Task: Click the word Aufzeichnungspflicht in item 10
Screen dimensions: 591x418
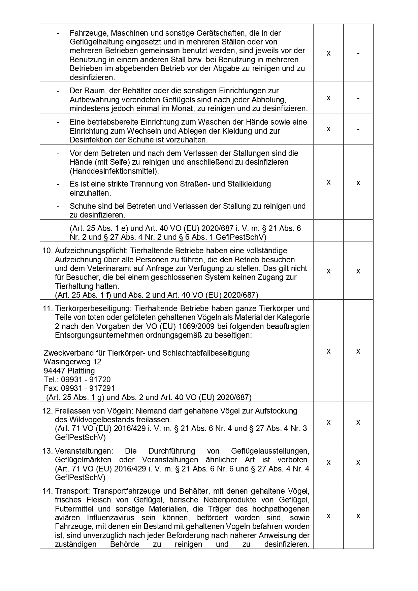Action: click(91, 251)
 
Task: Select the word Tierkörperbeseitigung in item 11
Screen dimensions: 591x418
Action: click(91, 308)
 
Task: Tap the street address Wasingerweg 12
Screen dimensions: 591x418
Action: click(72, 362)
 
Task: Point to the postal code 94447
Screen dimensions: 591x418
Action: click(55, 371)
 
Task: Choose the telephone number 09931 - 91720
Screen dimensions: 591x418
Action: click(86, 380)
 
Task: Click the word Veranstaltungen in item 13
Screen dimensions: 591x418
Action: click(79, 451)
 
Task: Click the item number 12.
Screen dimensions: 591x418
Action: click(47, 411)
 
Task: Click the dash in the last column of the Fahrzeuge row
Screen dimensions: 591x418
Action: click(358, 53)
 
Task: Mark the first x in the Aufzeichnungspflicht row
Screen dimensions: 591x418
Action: click(328, 271)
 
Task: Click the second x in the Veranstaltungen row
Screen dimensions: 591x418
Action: click(358, 462)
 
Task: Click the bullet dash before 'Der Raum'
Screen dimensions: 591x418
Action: click(59, 91)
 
